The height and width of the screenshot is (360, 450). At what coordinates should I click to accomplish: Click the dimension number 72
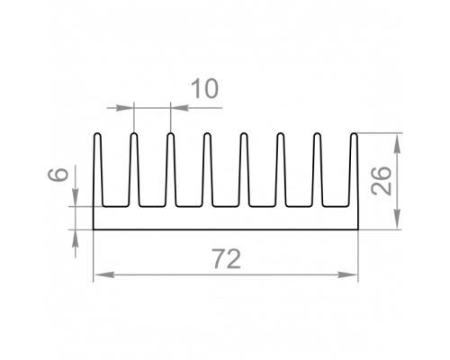227,259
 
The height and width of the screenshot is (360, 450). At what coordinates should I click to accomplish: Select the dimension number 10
204,88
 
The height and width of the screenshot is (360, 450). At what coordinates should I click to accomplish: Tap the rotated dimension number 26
381,181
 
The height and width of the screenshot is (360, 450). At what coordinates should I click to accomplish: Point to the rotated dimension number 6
58,175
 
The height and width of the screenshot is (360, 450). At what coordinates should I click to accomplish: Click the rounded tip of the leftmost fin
97,133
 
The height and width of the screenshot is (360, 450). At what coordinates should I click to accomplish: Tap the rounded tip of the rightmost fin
355,133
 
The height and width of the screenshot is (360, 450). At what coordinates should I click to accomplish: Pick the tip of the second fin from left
134,133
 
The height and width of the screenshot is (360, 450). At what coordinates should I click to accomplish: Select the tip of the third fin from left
170,133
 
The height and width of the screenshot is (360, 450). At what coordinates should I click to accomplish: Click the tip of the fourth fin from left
207,133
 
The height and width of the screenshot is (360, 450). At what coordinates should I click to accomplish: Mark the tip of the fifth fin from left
244,133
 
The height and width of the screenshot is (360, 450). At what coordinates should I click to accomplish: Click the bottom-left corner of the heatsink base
94,229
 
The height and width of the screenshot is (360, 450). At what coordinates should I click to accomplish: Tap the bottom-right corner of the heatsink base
358,229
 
